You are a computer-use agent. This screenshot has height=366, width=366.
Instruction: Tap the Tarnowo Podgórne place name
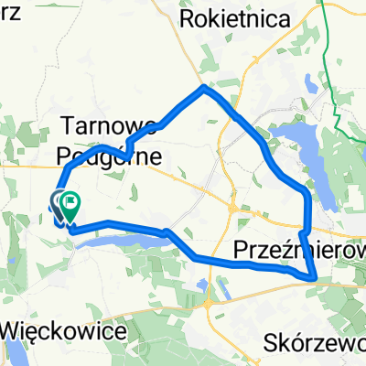111,140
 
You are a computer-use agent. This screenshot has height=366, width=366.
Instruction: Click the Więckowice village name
64,331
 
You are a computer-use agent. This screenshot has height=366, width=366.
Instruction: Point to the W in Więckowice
16,331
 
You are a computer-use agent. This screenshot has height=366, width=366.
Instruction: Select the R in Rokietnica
188,17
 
